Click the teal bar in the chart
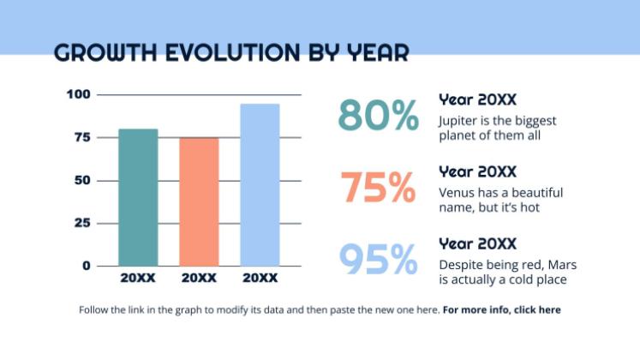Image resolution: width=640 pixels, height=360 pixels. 138,197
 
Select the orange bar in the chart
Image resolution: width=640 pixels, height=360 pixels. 199,201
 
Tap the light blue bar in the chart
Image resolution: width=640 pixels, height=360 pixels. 260,184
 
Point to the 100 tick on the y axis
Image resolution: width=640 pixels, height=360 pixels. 80,94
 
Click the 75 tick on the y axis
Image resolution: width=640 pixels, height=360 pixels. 82,137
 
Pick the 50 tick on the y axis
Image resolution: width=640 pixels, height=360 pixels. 82,180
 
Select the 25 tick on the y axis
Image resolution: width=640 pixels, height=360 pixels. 82,223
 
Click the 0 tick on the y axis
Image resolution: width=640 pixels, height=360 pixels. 87,266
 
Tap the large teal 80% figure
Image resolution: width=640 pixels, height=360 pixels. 379,115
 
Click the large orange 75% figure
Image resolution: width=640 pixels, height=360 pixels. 378,188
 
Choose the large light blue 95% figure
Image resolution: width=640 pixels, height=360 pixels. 378,259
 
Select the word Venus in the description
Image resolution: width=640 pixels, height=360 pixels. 457,193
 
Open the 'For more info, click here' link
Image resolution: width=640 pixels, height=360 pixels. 502,309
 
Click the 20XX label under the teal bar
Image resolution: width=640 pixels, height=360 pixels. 138,279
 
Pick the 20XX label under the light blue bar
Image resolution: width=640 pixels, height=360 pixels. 260,279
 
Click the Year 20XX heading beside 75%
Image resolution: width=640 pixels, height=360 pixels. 478,172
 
